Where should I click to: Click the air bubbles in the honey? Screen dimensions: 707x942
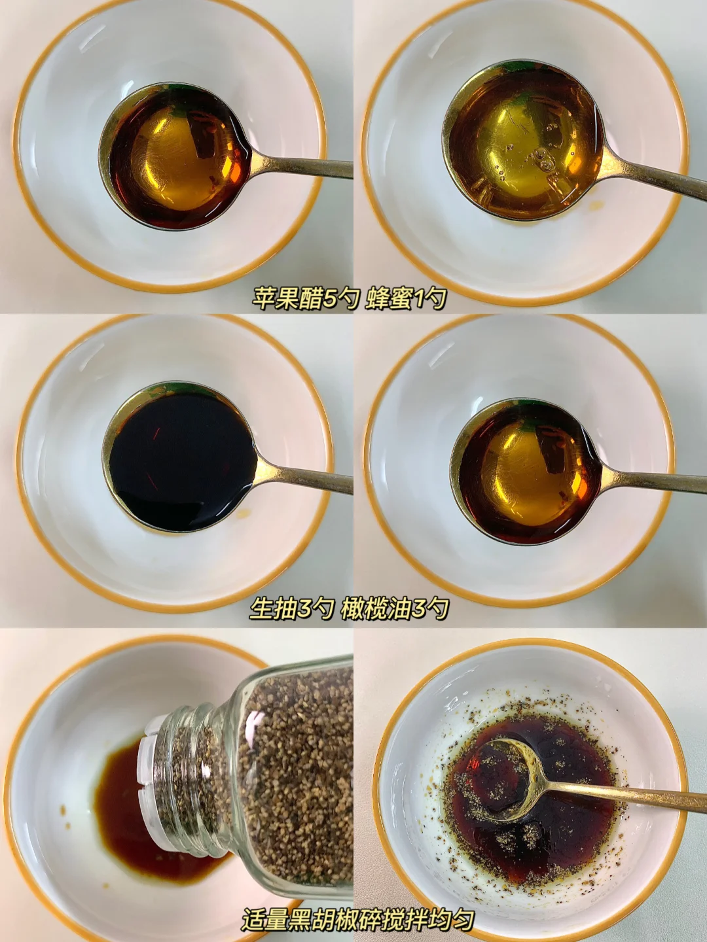click(x=540, y=159)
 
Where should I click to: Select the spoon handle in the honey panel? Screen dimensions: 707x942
click(x=653, y=178)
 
